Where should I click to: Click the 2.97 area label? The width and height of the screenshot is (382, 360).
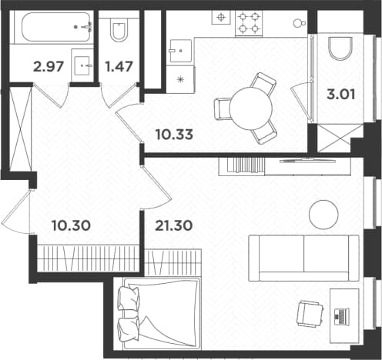coord(49,67)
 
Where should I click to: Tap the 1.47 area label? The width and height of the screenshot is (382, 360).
coord(119,66)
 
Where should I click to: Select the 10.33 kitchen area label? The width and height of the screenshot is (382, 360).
coord(174,135)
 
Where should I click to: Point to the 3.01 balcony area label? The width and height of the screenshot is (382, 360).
coord(340,94)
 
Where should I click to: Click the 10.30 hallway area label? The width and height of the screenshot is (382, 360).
coord(71,225)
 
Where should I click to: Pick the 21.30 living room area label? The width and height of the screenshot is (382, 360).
coord(174,225)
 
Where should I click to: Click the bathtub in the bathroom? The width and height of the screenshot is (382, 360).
coord(55,27)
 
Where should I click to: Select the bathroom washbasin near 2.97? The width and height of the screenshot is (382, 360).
coord(82,65)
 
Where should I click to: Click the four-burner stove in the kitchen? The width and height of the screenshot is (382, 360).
coord(249,23)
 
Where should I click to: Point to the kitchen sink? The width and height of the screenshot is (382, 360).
coord(180,51)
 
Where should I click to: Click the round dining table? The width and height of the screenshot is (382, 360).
coord(251,108)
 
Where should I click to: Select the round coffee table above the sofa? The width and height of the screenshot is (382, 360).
coord(323,215)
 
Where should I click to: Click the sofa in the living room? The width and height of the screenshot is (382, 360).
coord(303,258)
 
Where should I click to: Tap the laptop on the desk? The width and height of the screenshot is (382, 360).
coord(341,315)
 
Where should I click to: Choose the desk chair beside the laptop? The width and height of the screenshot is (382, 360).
coord(310,314)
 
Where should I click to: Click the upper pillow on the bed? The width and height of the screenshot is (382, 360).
coord(129,298)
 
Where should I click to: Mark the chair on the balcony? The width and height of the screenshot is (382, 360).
coord(340,48)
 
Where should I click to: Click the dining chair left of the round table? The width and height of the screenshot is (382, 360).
coord(223,109)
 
